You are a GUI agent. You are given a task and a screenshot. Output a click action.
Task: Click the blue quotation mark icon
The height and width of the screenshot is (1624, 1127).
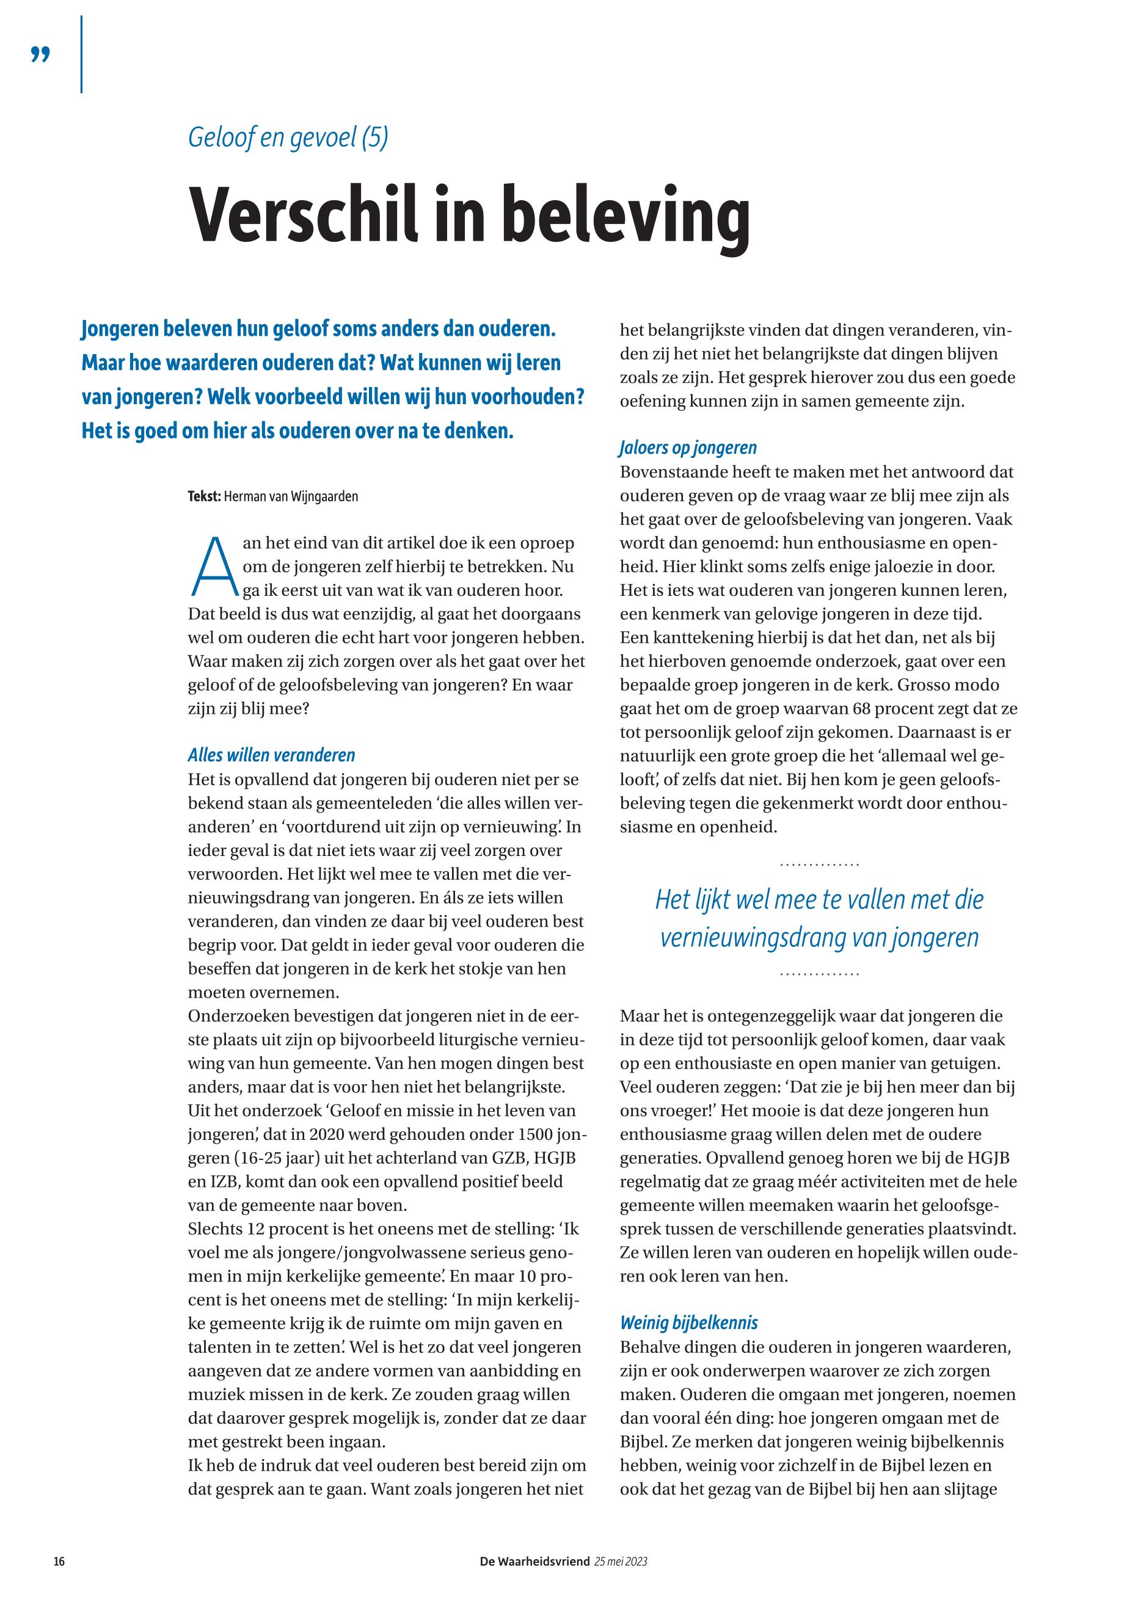tap(40, 54)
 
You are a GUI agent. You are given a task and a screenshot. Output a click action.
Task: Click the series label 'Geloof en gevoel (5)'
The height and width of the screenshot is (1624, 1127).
tap(288, 137)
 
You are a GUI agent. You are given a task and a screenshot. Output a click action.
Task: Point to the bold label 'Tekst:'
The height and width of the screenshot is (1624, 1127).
tap(204, 496)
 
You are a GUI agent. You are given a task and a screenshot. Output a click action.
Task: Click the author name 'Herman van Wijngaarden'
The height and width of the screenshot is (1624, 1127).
tap(290, 496)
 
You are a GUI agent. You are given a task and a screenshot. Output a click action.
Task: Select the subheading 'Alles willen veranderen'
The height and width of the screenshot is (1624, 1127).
tap(271, 755)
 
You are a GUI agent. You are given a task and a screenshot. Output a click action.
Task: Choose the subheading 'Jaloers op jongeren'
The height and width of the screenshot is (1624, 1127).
tap(688, 448)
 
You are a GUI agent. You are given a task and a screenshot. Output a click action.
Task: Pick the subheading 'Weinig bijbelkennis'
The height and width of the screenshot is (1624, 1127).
tap(688, 1322)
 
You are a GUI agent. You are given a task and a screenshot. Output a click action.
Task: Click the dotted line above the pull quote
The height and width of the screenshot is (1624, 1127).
tap(819, 865)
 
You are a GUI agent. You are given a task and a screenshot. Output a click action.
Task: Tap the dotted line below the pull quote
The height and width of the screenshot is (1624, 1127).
tap(819, 974)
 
